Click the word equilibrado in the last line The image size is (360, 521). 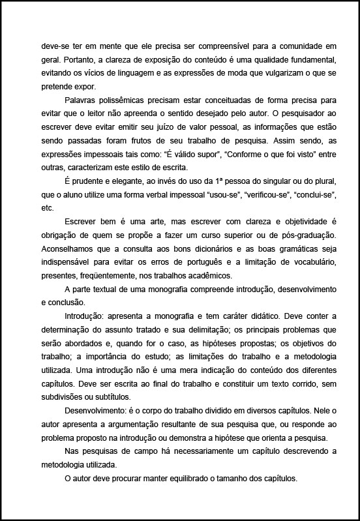[184, 477]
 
